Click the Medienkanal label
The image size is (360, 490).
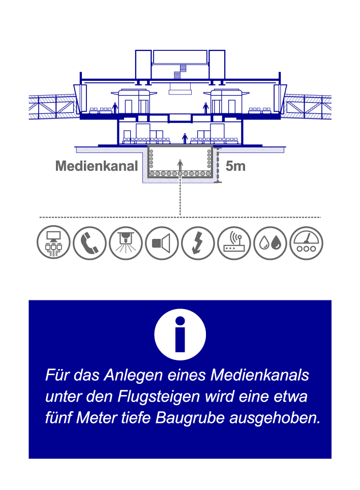(x=97, y=166)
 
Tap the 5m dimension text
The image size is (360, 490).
(x=235, y=166)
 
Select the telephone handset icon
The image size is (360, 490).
(x=89, y=243)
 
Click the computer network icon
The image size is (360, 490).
(x=53, y=243)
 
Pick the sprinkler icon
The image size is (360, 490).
(x=126, y=243)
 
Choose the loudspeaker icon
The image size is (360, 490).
(x=162, y=243)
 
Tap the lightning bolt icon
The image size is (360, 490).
(x=198, y=243)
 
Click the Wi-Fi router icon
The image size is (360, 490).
(x=234, y=243)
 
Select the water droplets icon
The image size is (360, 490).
(x=270, y=243)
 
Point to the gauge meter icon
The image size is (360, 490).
(x=306, y=243)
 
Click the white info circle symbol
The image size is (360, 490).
(x=180, y=334)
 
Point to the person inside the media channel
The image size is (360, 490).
(x=179, y=165)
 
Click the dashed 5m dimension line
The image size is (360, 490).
(x=218, y=165)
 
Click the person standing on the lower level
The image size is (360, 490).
(x=185, y=138)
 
